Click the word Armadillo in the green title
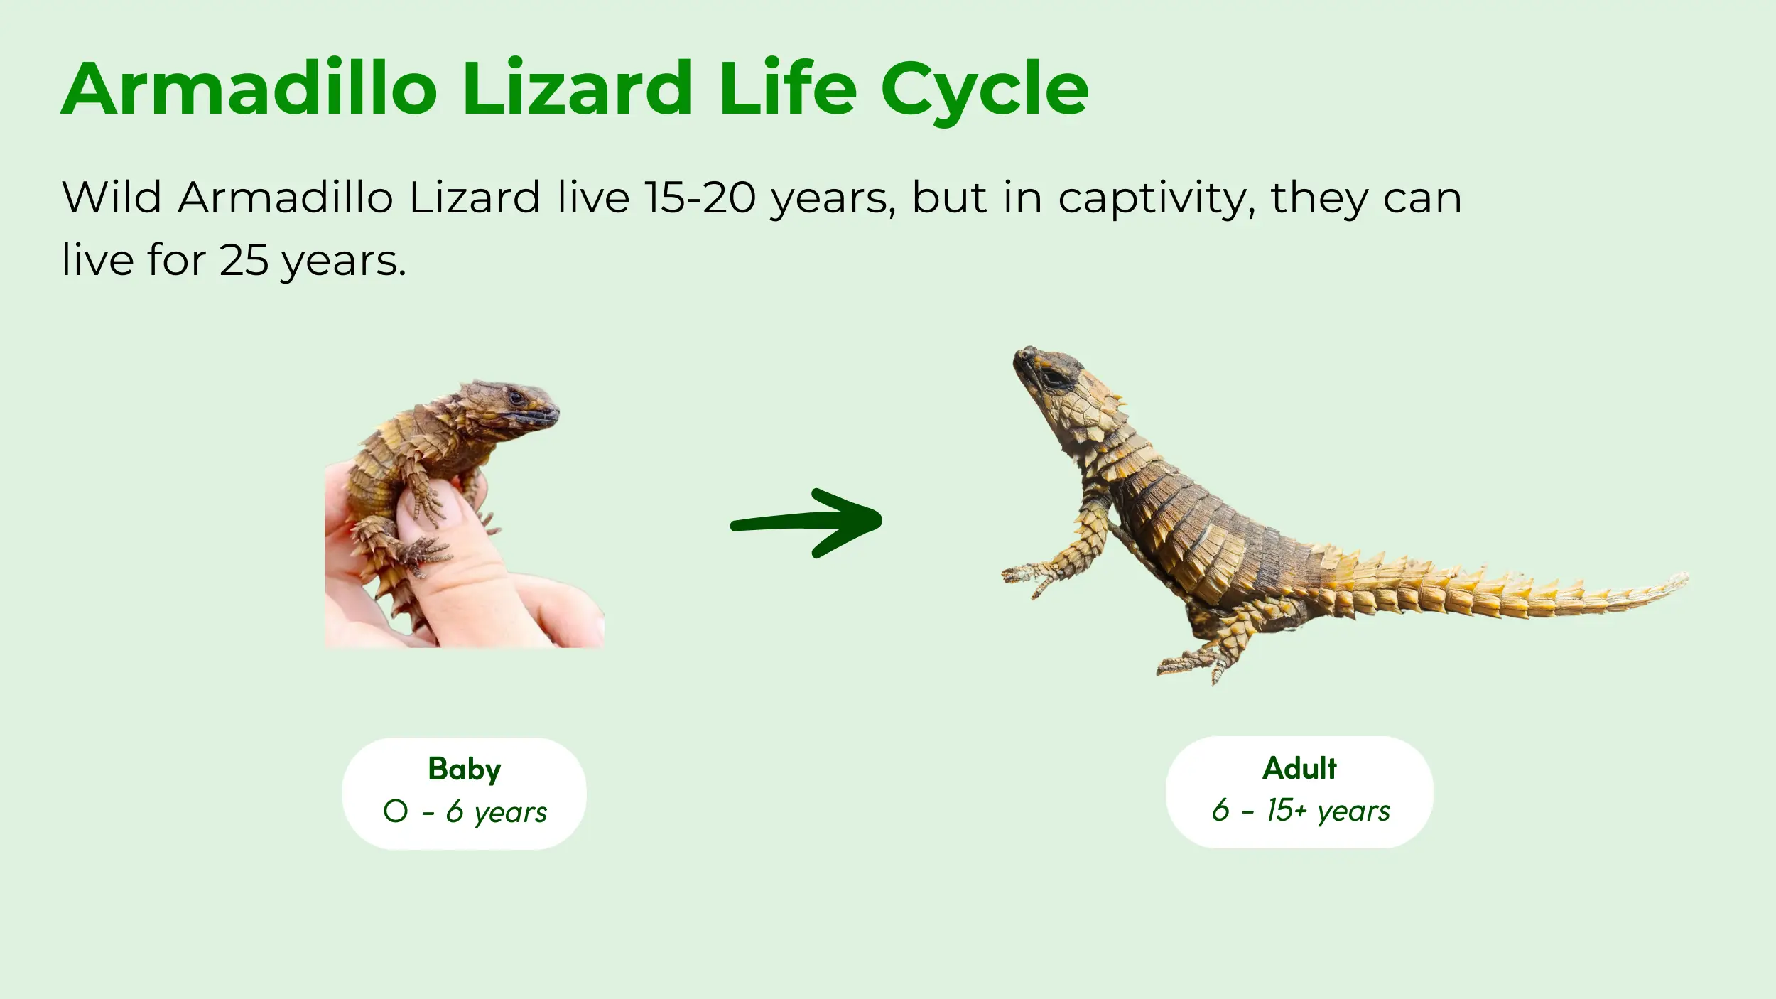(249, 88)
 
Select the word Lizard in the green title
(577, 88)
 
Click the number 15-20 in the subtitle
(700, 198)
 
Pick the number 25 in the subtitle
(244, 260)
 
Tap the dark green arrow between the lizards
(806, 523)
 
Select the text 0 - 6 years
(465, 811)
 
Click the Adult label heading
(1299, 768)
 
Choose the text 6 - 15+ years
(1301, 810)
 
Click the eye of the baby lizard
(516, 397)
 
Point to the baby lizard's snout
(547, 412)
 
